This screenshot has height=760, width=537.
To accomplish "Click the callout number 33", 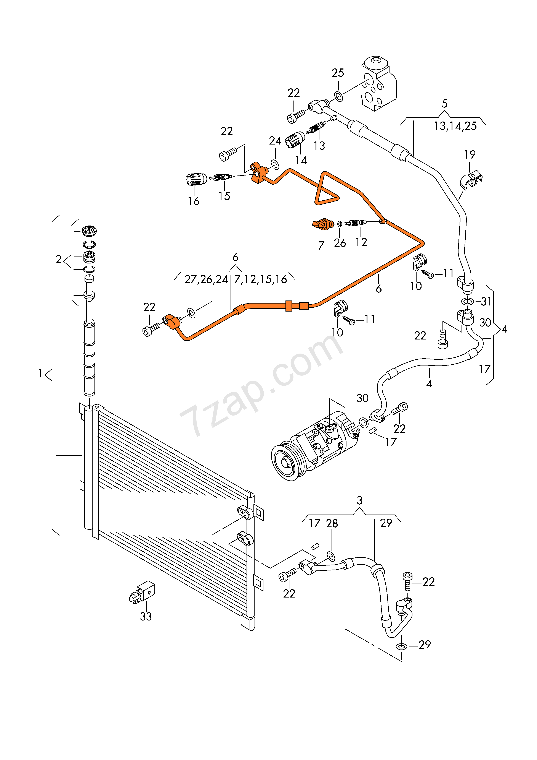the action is [x=146, y=616].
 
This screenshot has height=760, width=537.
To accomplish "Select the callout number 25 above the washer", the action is [x=338, y=73].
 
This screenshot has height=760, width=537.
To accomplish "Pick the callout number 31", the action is [x=486, y=301].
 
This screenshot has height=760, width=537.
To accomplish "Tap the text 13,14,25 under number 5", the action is [x=455, y=126].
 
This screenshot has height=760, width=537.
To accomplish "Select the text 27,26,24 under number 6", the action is [x=206, y=279].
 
